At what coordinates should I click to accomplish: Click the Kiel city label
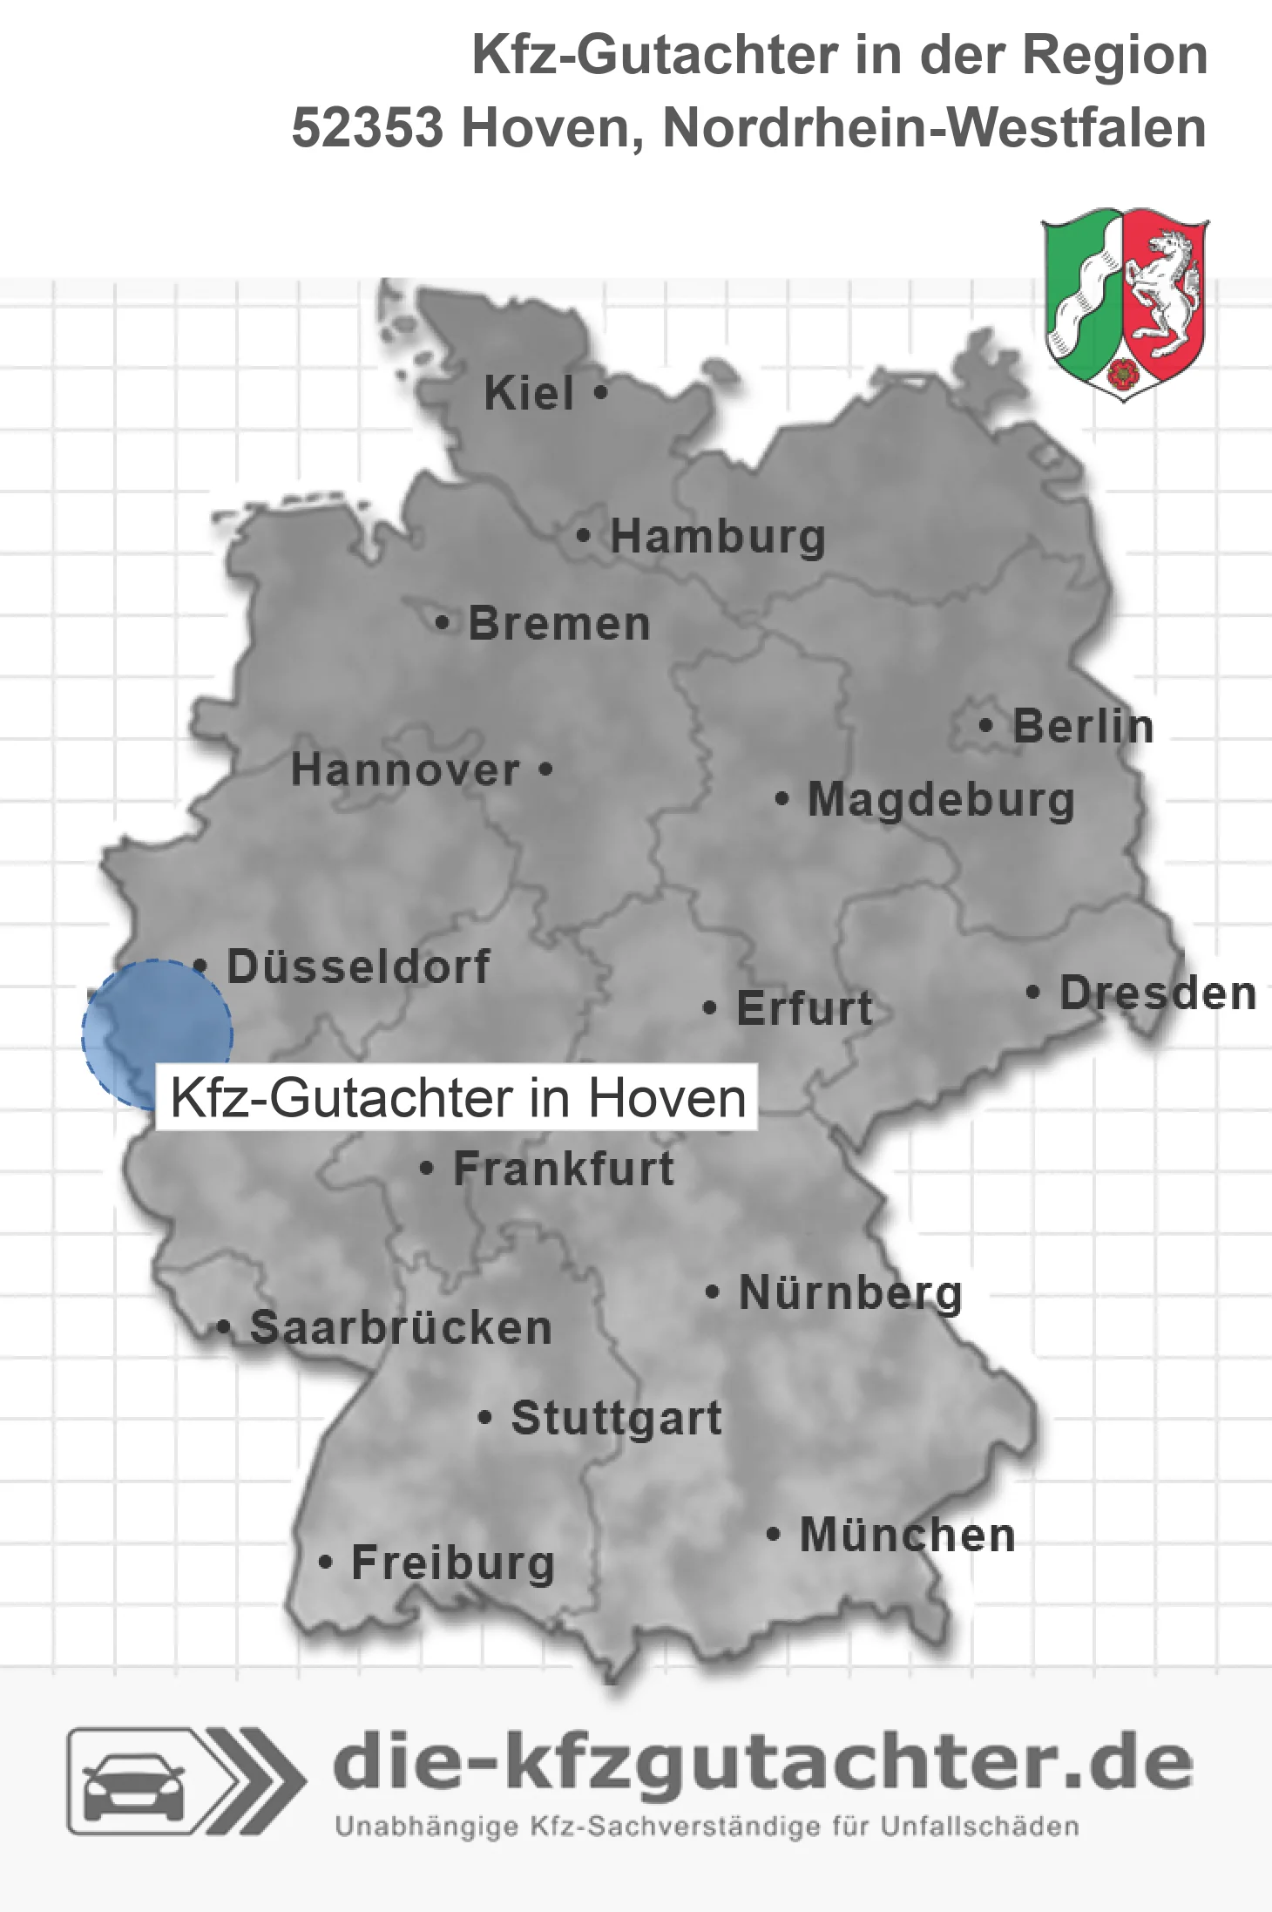click(529, 393)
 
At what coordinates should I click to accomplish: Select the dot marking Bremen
click(443, 623)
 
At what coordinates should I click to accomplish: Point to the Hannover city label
click(405, 770)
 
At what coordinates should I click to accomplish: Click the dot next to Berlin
click(985, 725)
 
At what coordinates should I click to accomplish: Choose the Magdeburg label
click(941, 800)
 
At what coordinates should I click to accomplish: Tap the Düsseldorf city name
click(358, 966)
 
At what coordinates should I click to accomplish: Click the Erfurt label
click(804, 1008)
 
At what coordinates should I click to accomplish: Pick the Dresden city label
click(1158, 993)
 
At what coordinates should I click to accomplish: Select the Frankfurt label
click(564, 1169)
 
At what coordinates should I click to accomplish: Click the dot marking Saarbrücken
click(223, 1328)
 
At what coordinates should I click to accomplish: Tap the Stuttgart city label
click(616, 1418)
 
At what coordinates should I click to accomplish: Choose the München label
click(907, 1535)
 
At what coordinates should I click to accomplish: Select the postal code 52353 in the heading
click(367, 128)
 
